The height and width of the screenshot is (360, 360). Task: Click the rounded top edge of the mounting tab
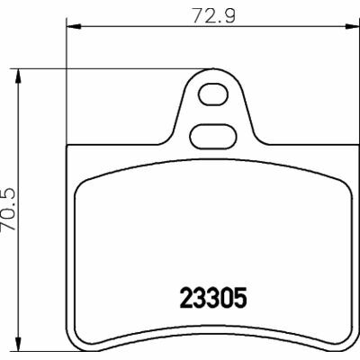tap(213, 70)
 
